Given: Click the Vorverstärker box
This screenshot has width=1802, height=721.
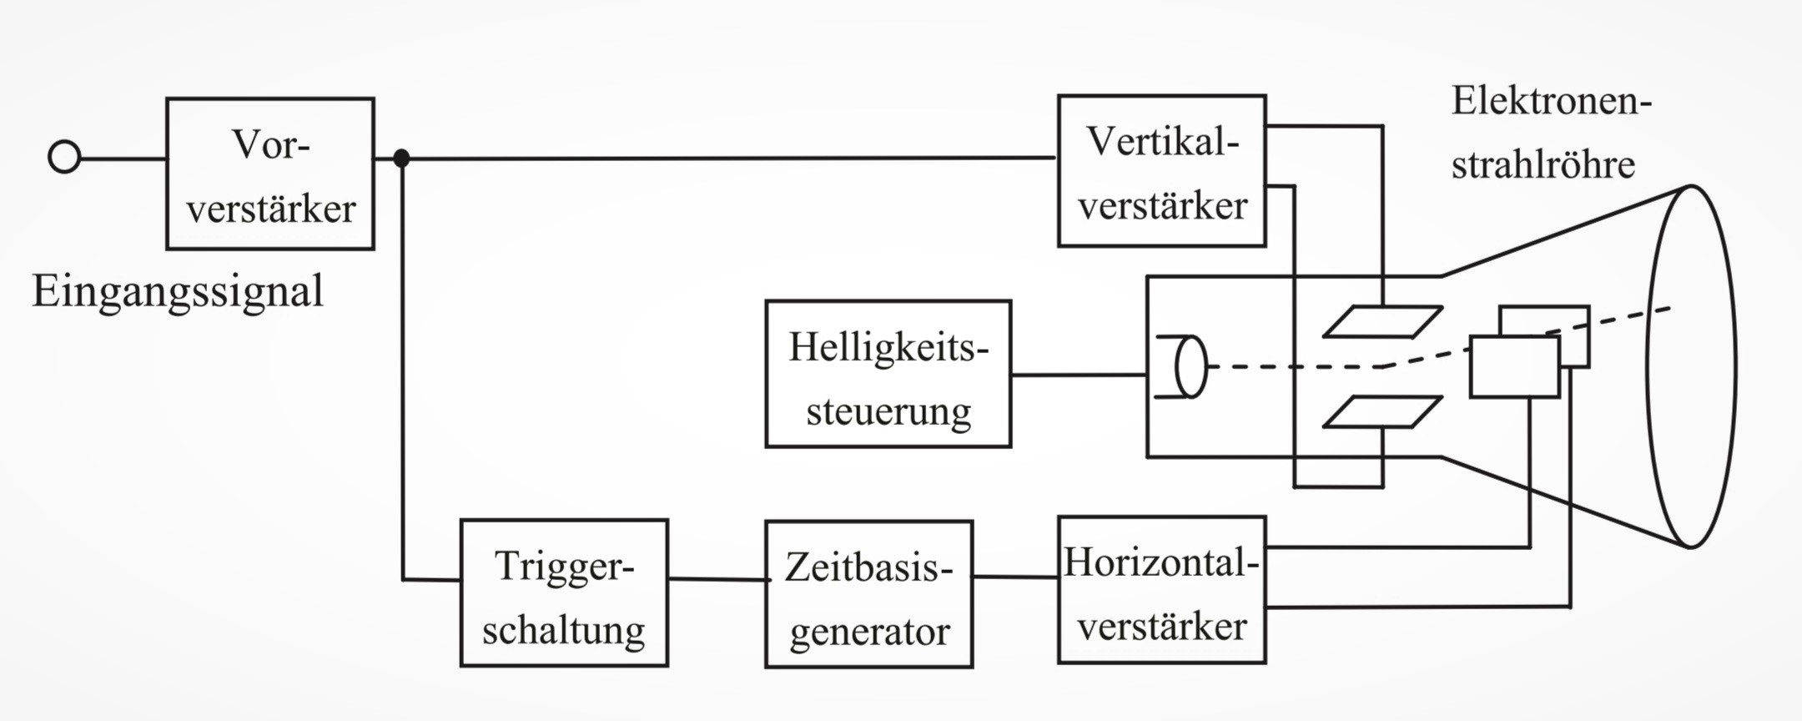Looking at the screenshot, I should (269, 174).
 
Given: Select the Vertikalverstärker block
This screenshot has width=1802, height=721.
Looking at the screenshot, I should (1161, 171).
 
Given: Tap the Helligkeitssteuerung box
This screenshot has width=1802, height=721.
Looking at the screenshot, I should (888, 374).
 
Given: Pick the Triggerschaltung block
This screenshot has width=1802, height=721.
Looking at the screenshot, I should (564, 593).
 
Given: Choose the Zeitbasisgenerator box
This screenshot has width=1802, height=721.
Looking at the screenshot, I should (868, 594).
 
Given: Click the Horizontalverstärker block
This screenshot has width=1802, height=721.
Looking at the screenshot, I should (1161, 590).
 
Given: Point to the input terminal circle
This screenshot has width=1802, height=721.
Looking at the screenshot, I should (64, 157).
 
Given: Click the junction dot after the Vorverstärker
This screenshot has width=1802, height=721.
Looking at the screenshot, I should (401, 158).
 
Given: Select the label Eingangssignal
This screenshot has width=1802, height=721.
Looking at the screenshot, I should (177, 292).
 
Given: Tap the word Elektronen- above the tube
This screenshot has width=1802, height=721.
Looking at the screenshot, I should (1551, 102).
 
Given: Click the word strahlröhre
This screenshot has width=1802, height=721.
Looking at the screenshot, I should (1543, 164).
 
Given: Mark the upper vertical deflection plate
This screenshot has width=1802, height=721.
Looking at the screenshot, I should (1382, 322).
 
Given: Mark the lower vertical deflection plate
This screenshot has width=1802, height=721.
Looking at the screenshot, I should (1382, 412).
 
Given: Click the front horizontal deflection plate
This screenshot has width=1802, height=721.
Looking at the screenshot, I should (1513, 367).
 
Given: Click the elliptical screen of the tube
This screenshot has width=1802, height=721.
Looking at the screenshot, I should (1692, 366).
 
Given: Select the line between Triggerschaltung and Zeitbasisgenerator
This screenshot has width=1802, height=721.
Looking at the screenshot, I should (717, 579).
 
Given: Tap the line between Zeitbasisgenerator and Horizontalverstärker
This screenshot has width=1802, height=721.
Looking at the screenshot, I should (1015, 577).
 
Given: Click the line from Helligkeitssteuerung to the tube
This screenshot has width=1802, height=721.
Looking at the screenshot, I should (1079, 375).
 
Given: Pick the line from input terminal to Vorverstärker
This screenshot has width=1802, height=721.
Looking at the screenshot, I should (123, 158).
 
